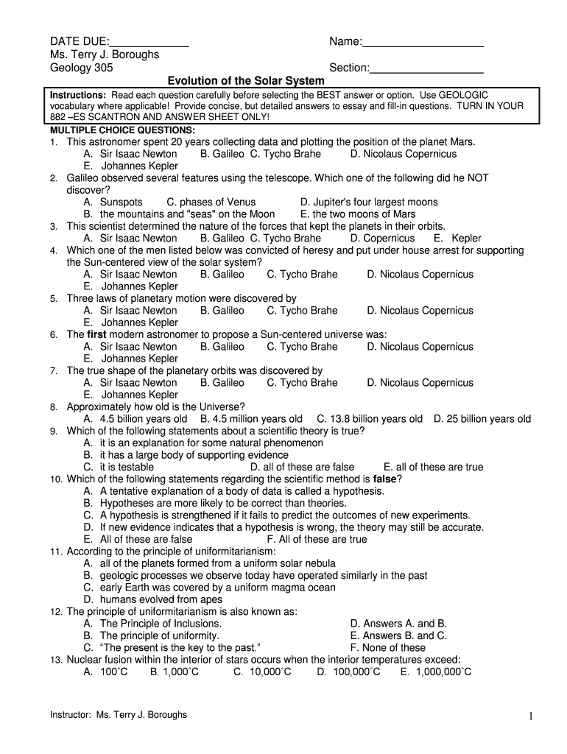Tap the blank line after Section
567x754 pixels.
[x=426, y=72]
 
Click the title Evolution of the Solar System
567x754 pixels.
[x=245, y=80]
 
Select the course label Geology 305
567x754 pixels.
[x=82, y=68]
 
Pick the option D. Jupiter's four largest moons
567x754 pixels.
[x=369, y=202]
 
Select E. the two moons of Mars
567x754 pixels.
[x=358, y=214]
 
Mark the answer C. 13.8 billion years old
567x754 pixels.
[x=370, y=419]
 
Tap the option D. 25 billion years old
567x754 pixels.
[x=482, y=419]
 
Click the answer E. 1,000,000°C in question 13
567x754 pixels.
[x=436, y=672]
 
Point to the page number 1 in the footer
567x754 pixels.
[x=529, y=716]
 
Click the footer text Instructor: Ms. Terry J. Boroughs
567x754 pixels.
[x=119, y=715]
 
